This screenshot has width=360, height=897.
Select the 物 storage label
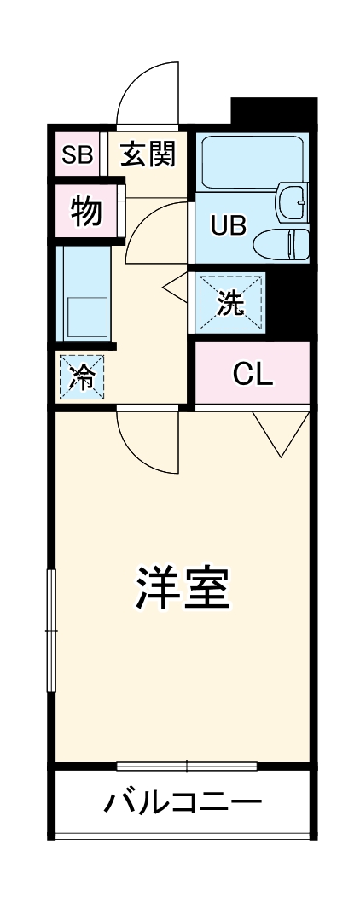(x=86, y=211)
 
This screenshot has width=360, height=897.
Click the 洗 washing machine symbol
(x=229, y=303)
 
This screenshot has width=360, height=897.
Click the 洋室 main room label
(x=181, y=586)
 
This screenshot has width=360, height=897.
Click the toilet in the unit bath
(x=282, y=244)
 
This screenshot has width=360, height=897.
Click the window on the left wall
(x=51, y=631)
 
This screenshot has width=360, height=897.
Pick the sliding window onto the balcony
(x=186, y=766)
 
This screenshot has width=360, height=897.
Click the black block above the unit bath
(x=273, y=113)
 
